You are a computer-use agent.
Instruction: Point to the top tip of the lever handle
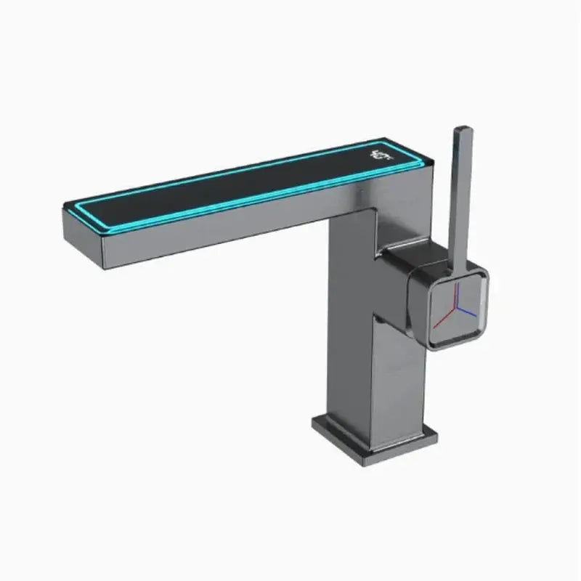pyautogui.click(x=462, y=130)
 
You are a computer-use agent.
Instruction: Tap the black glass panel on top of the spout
pyautogui.click(x=218, y=188)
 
